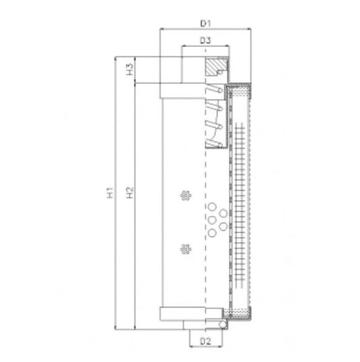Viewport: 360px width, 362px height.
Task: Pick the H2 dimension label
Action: coord(128,192)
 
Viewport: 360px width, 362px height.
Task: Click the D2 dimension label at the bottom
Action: coord(204,341)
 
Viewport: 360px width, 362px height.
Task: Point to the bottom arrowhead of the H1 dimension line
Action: coord(115,327)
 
